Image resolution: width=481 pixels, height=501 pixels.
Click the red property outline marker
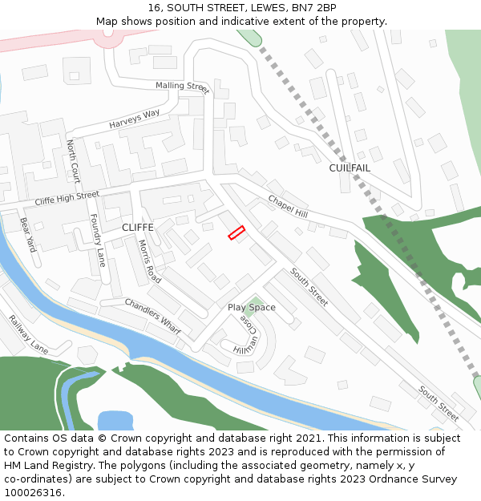pos(236,232)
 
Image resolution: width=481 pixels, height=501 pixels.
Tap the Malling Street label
pos(182,86)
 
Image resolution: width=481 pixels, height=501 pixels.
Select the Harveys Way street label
pos(135,119)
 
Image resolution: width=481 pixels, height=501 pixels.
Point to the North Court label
pos(73,160)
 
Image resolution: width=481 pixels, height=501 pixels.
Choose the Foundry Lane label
pos(97,240)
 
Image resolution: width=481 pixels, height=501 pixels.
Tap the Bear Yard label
pos(29,234)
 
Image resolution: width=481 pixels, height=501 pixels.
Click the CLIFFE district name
pos(137,228)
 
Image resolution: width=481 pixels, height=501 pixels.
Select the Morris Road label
pos(150,261)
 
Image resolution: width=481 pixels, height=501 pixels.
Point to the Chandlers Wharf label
pos(152,315)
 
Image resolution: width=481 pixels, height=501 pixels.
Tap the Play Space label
pos(251,308)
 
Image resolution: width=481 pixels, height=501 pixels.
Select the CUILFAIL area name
pos(350,168)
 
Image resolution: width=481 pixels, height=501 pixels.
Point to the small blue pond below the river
pos(115,420)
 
